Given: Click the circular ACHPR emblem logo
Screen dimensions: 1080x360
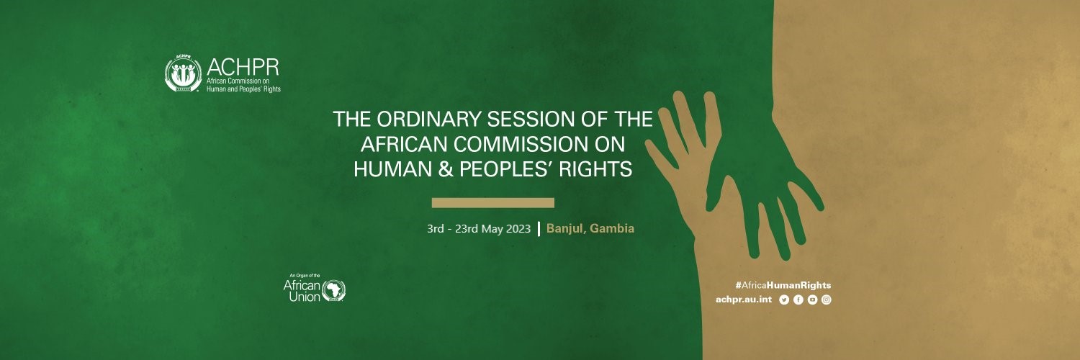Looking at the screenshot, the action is (x=183, y=73).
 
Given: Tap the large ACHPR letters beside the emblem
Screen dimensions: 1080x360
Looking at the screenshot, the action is (x=243, y=68).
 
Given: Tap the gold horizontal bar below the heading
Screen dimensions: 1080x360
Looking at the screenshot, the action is (x=492, y=203).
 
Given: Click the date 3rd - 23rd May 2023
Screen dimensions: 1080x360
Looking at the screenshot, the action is (x=479, y=228).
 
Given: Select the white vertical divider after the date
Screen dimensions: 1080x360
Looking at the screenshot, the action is (x=539, y=229).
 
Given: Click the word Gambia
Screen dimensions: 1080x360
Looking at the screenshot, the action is (x=612, y=228).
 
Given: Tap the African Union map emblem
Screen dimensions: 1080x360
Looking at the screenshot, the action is (x=333, y=291).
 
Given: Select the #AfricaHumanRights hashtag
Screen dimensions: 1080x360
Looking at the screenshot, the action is (x=783, y=285).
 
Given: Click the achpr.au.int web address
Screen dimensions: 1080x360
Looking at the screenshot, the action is (x=744, y=300).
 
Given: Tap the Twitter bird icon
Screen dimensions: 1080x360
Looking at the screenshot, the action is (x=784, y=300).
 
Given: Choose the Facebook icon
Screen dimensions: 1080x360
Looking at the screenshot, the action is (x=798, y=300).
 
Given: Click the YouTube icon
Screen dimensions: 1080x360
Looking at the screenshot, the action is (x=812, y=300).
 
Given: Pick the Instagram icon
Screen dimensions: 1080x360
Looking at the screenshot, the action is (x=827, y=300).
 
